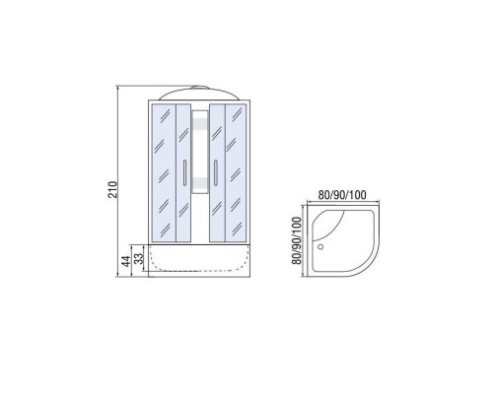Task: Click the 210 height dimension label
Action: point(112,189)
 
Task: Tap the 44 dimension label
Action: point(126,261)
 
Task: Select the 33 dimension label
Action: point(140,258)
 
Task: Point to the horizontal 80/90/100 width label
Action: point(342,195)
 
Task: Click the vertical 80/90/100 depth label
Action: point(297,240)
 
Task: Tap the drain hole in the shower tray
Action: point(320,246)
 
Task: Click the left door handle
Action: point(184,172)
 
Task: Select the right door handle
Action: point(216,172)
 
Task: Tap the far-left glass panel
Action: point(165,173)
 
